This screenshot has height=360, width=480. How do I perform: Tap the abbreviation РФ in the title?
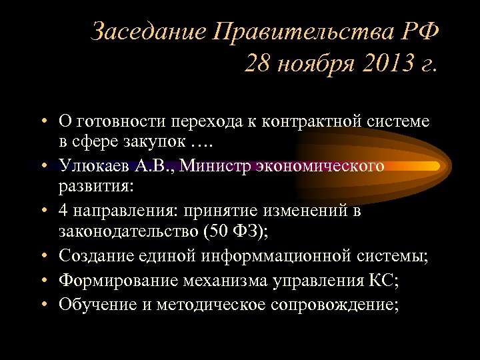pyautogui.click(x=418, y=31)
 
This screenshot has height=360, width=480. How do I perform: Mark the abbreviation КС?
pyautogui.click(x=380, y=280)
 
